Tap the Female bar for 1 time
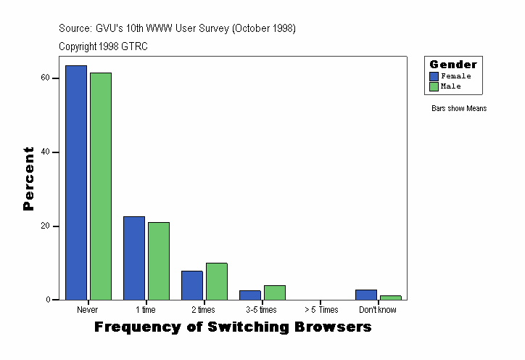click(x=134, y=258)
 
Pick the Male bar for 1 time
click(x=159, y=261)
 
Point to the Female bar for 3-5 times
click(x=250, y=295)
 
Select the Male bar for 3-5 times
click(x=275, y=292)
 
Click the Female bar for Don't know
click(x=366, y=295)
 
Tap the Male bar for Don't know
click(x=391, y=298)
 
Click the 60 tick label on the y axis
click(x=46, y=78)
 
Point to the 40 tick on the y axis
click(x=46, y=152)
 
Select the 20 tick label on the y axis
click(x=46, y=226)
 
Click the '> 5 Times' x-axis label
click(x=320, y=310)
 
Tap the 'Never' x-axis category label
click(x=88, y=310)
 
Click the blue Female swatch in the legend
click(x=434, y=76)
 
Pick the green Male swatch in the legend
click(x=434, y=86)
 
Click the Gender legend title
click(x=453, y=65)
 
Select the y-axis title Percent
click(x=29, y=179)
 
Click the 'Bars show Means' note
click(x=459, y=109)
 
